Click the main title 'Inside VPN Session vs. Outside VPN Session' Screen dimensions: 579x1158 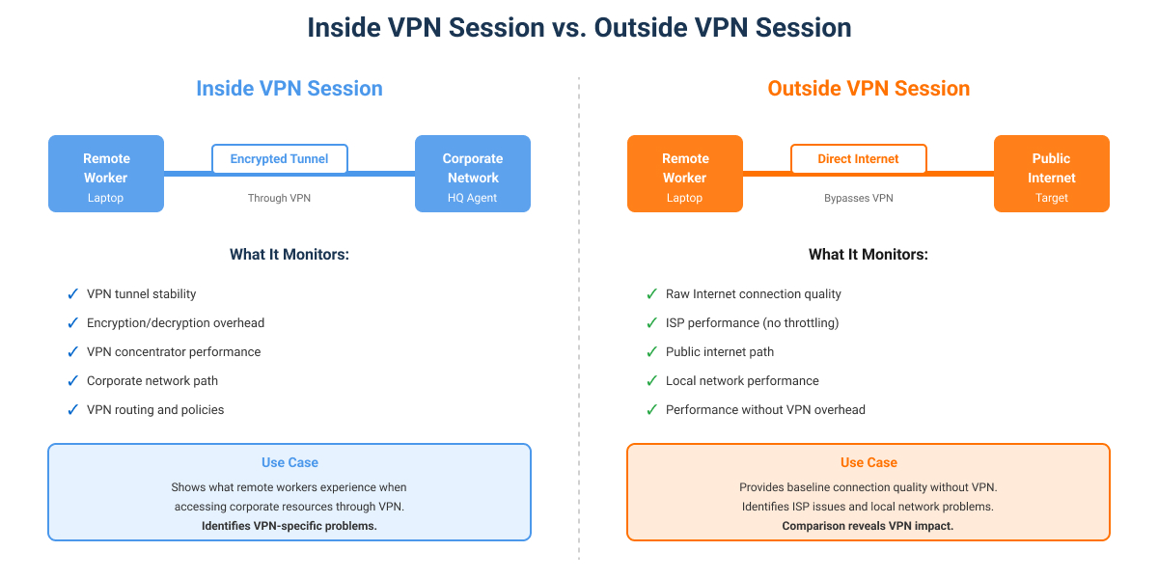tap(579, 28)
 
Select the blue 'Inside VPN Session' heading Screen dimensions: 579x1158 tap(289, 89)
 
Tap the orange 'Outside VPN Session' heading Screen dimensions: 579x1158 tap(868, 89)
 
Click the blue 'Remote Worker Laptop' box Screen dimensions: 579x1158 tap(106, 174)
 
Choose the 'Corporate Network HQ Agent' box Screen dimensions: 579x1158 tap(473, 174)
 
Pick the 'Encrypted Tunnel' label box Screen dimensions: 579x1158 tap(280, 159)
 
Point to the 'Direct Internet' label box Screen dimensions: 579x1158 tap(859, 159)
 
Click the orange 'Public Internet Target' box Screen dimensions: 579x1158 tap(1052, 174)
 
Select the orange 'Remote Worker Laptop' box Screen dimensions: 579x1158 tap(685, 174)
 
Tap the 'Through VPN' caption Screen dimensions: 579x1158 tap(280, 198)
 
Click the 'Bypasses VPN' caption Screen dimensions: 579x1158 tap(859, 198)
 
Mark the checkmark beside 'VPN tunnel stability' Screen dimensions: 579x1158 tap(72, 293)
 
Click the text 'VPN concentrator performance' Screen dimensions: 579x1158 tap(174, 351)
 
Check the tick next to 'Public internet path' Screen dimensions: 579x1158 tap(651, 351)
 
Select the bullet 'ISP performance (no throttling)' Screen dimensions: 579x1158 tap(752, 322)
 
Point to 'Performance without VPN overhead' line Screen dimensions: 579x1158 tap(765, 409)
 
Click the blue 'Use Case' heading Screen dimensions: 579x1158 tap(289, 463)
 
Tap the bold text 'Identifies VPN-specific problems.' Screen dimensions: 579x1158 tap(289, 526)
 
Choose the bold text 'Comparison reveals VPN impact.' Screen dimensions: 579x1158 tap(868, 526)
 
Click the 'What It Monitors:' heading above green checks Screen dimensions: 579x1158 tap(868, 255)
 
